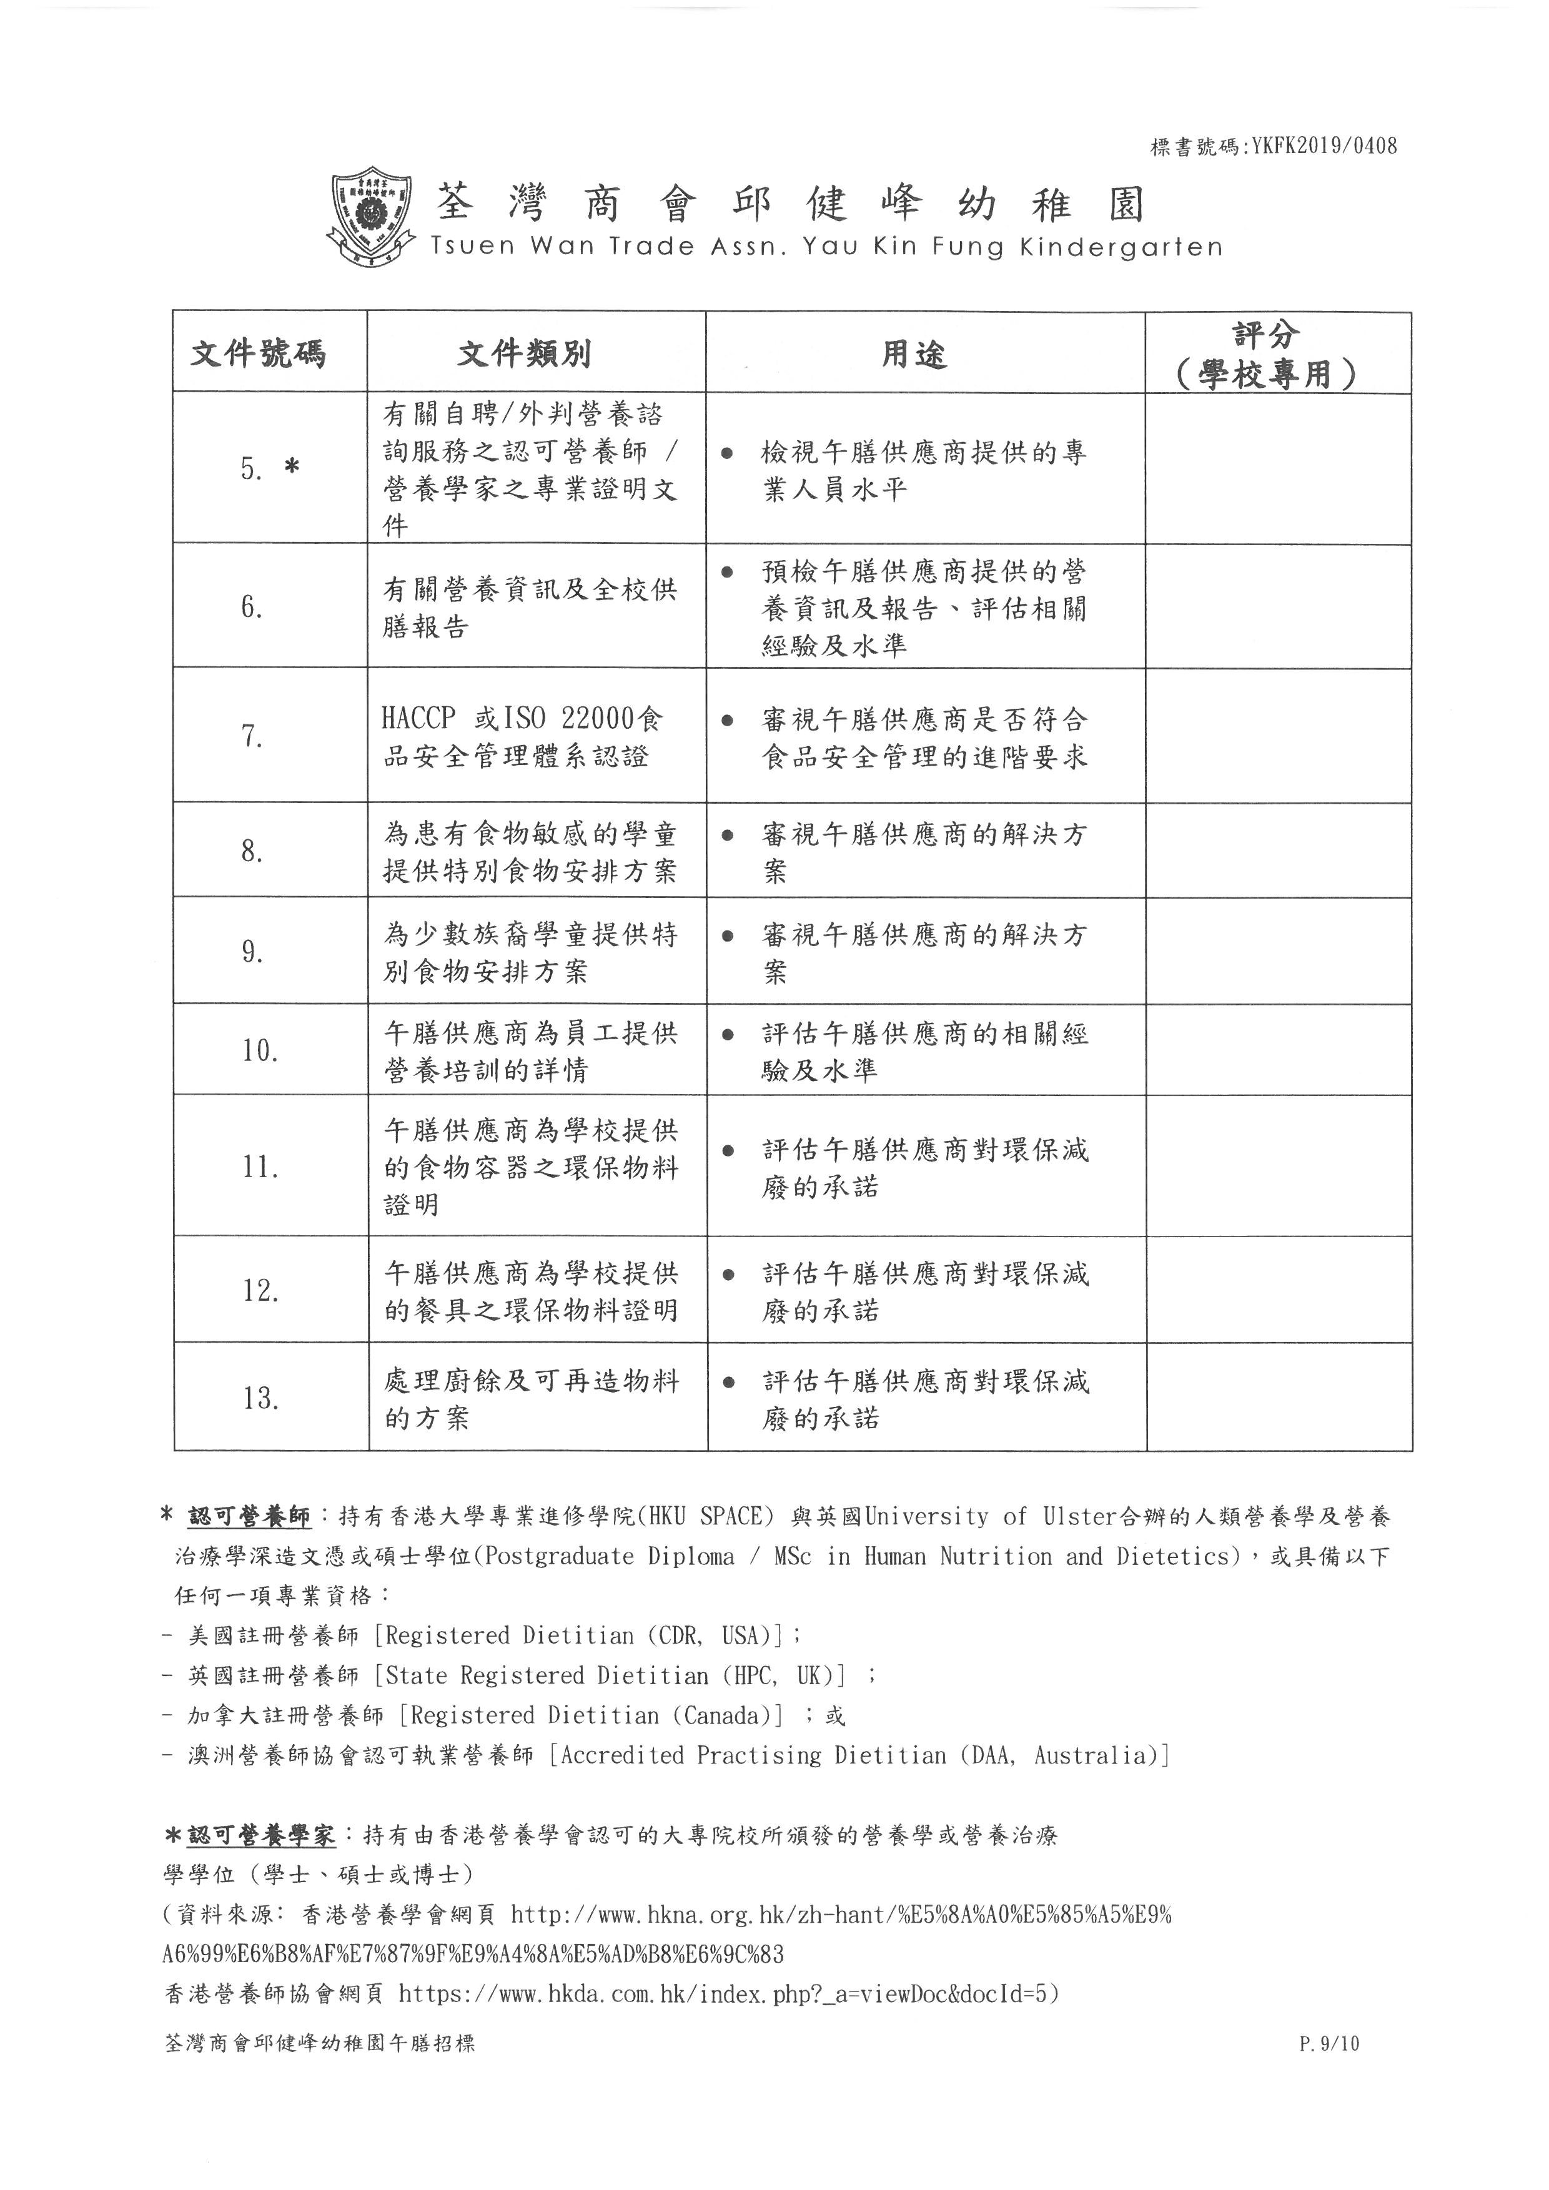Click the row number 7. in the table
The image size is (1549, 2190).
pyautogui.click(x=252, y=736)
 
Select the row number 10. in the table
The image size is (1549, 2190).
pyautogui.click(x=259, y=1050)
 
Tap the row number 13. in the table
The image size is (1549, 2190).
pyautogui.click(x=259, y=1398)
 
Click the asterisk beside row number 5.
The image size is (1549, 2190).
pyautogui.click(x=291, y=467)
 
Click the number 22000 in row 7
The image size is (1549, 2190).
pyautogui.click(x=597, y=718)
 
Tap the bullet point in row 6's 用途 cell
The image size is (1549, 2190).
pyautogui.click(x=728, y=572)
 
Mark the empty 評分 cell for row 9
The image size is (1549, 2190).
pyautogui.click(x=1278, y=951)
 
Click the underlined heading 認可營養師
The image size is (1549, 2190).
pyautogui.click(x=249, y=1516)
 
